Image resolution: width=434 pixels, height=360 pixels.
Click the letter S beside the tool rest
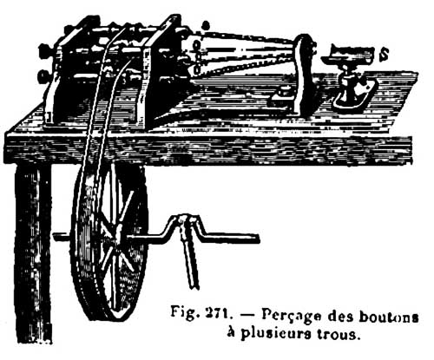(x=385, y=55)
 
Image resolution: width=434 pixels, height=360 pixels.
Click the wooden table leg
(x=32, y=254)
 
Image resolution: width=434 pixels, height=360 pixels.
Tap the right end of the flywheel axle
(x=257, y=239)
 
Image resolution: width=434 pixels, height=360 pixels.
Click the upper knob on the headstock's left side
(x=45, y=49)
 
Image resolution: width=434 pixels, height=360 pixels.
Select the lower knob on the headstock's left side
(x=43, y=75)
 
